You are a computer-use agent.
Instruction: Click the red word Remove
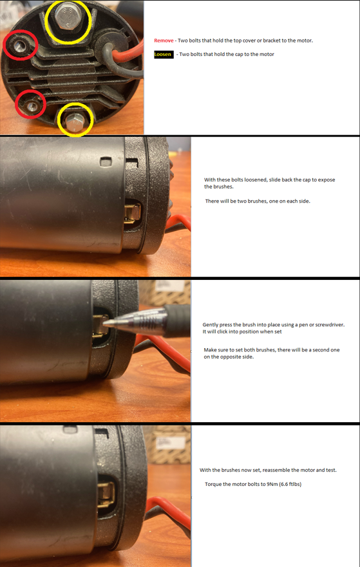pyautogui.click(x=164, y=41)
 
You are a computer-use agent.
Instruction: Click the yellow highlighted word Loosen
pyautogui.click(x=163, y=55)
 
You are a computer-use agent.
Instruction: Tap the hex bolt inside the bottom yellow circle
pyautogui.click(x=75, y=120)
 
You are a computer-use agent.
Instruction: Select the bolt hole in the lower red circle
pyautogui.click(x=28, y=104)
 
